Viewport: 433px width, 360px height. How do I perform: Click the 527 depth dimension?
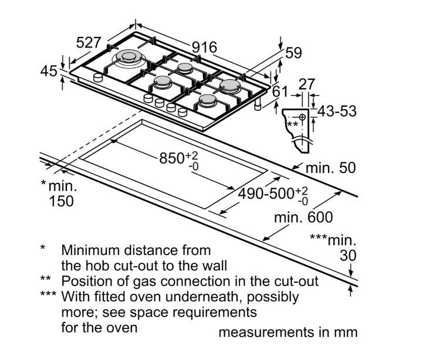(x=89, y=43)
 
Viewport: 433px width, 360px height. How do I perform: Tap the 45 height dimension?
(x=49, y=72)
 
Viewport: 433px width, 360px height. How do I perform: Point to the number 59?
(x=293, y=53)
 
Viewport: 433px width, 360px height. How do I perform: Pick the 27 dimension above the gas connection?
(x=306, y=84)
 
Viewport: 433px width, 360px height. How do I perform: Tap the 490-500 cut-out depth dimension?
(x=272, y=194)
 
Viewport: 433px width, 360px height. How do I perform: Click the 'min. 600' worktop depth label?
(x=304, y=218)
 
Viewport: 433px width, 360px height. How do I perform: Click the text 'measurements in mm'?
(x=287, y=332)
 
